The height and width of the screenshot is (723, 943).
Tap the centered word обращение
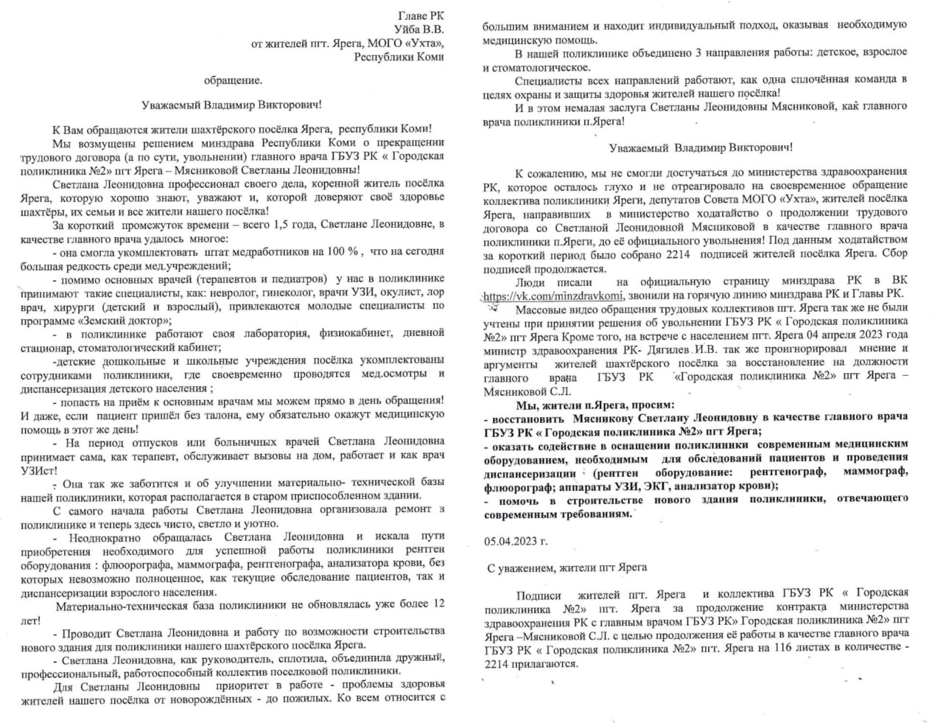[233, 80]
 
